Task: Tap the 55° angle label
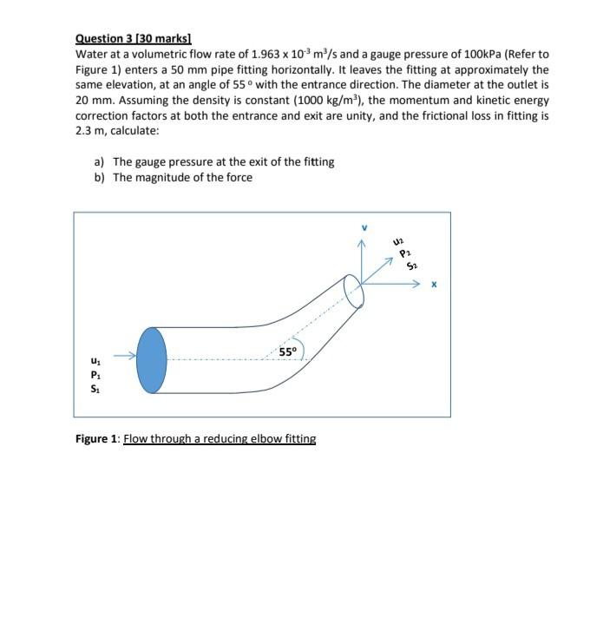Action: pyautogui.click(x=288, y=351)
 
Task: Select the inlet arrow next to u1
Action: pyautogui.click(x=125, y=355)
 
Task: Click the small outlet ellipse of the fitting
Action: pyautogui.click(x=354, y=292)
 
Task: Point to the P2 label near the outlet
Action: pyautogui.click(x=403, y=254)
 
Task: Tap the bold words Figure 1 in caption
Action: pyautogui.click(x=97, y=439)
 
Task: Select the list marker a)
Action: pyautogui.click(x=100, y=161)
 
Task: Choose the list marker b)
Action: pyautogui.click(x=100, y=177)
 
